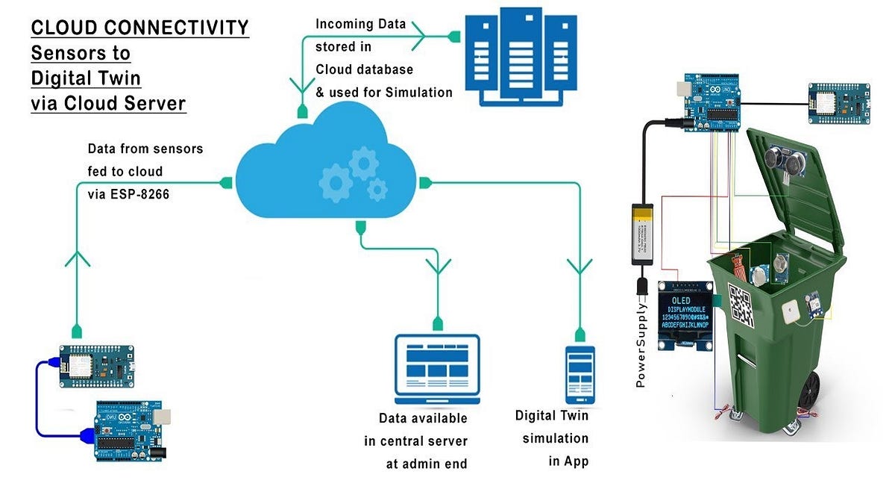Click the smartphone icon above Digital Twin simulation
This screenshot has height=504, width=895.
point(580,373)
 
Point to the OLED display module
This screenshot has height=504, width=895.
point(687,315)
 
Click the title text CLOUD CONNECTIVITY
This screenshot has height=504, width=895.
point(139,28)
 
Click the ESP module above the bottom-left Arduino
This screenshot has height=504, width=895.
point(97,366)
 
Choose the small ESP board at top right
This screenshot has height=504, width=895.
point(839,103)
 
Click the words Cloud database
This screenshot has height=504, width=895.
point(364,69)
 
